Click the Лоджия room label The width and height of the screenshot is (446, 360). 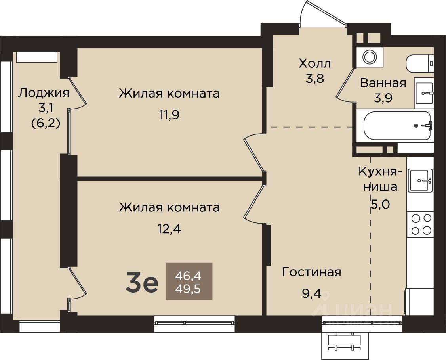point(44,93)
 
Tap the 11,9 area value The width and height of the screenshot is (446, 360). point(169,115)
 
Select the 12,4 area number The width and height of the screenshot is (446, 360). point(169,229)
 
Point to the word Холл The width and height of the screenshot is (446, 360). point(315,63)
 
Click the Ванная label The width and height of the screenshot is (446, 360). point(383,83)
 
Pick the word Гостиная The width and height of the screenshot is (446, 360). point(311,272)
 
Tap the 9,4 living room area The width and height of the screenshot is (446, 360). point(311,293)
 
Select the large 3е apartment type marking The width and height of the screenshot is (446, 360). point(142,281)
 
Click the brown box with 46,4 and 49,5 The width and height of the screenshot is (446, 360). point(189,281)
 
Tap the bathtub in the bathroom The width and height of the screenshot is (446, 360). point(397,125)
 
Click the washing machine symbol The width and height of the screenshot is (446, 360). point(369,56)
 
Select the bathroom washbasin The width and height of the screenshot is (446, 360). point(424,93)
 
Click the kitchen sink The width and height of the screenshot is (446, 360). point(420,180)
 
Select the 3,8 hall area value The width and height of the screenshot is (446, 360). point(315,79)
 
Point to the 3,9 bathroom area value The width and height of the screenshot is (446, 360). point(383,98)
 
